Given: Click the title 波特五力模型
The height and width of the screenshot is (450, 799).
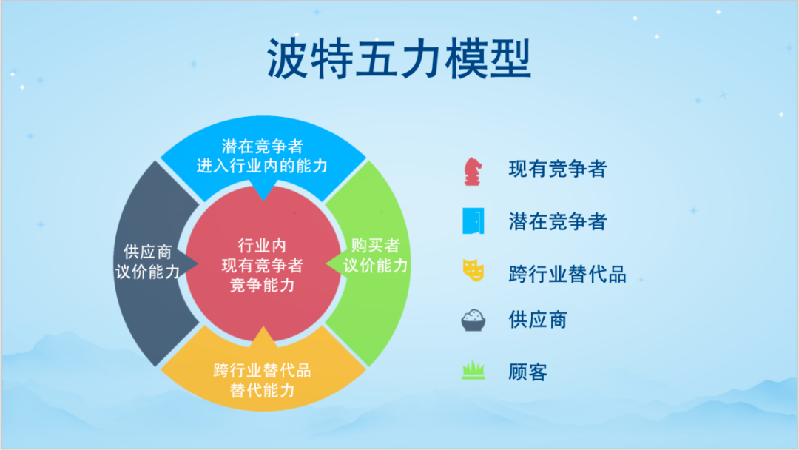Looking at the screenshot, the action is point(399,58).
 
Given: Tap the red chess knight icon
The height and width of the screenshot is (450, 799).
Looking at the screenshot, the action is point(473,171).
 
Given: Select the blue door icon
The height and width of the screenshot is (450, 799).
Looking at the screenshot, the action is point(473,221).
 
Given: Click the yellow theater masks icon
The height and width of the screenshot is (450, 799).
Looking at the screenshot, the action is point(473,271).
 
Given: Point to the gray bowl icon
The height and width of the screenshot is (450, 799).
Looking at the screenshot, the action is point(473,320).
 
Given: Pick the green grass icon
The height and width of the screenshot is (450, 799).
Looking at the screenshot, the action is point(473,371).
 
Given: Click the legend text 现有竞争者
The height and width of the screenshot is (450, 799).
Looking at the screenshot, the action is point(558,169).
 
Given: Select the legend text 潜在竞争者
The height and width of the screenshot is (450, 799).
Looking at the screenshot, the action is point(558,222).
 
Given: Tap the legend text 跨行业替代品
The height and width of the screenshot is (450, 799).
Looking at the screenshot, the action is point(567,274).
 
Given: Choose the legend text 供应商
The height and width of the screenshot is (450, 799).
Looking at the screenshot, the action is point(538,320).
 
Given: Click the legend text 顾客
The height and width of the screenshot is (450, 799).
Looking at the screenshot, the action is point(528,372).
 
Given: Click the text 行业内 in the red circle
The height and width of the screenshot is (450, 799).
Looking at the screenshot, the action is point(262,246).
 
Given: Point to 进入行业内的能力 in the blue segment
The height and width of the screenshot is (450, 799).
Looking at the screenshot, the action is point(262,166).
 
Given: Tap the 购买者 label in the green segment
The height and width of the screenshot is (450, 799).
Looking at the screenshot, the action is point(376,246).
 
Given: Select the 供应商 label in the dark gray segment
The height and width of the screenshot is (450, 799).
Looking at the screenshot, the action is point(148,252).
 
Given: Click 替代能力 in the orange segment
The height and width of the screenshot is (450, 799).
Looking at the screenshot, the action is point(263,390).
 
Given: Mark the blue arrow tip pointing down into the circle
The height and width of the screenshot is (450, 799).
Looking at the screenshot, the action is point(263,201).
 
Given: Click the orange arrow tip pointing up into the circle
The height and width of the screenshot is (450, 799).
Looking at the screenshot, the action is point(263,326).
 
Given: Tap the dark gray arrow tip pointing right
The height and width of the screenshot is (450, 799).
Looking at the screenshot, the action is point(198,263).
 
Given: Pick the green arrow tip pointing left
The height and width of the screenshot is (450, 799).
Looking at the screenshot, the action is point(327,263).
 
